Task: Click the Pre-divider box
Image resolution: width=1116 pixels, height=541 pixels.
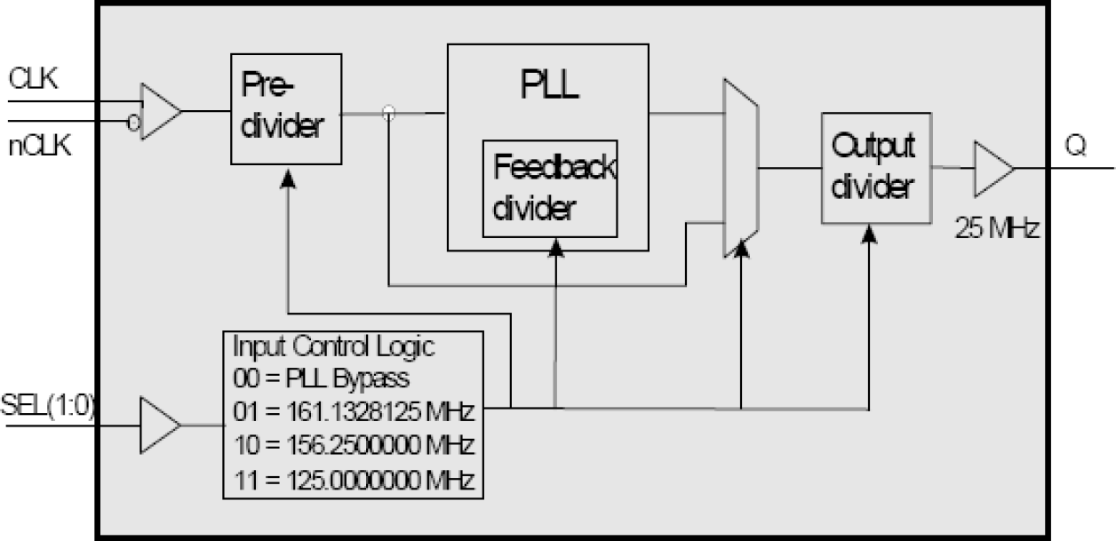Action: [x=285, y=108]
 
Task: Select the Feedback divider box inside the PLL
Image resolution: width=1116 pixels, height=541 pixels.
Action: [x=549, y=188]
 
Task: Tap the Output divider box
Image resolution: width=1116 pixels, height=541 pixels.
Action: [x=876, y=168]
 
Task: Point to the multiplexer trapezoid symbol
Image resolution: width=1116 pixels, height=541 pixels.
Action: [x=741, y=167]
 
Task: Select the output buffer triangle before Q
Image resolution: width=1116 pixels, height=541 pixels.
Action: [x=992, y=166]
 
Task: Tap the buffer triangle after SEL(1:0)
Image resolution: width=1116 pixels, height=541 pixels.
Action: [x=159, y=425]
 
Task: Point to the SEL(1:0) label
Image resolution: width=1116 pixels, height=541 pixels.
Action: [x=50, y=406]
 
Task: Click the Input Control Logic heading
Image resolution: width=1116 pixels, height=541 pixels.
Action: [x=333, y=345]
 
